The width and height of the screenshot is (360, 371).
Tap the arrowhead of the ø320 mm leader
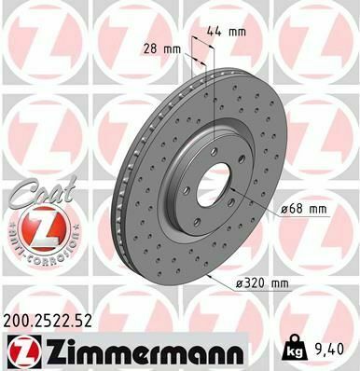click(x=214, y=276)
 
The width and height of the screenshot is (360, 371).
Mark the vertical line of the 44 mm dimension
click(x=216, y=93)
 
